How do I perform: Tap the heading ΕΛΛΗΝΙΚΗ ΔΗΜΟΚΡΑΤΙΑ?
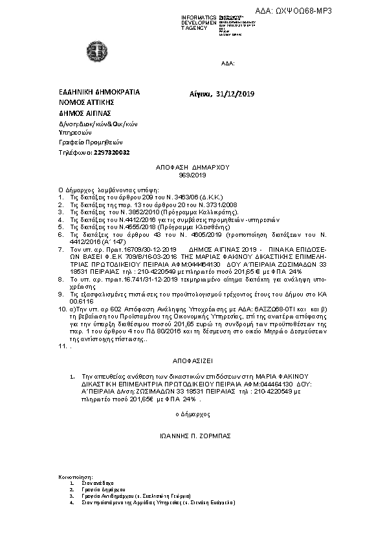point(99,92)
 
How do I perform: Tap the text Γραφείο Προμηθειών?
point(91,142)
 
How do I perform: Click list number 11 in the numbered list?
point(62,346)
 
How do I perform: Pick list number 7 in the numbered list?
point(61,249)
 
